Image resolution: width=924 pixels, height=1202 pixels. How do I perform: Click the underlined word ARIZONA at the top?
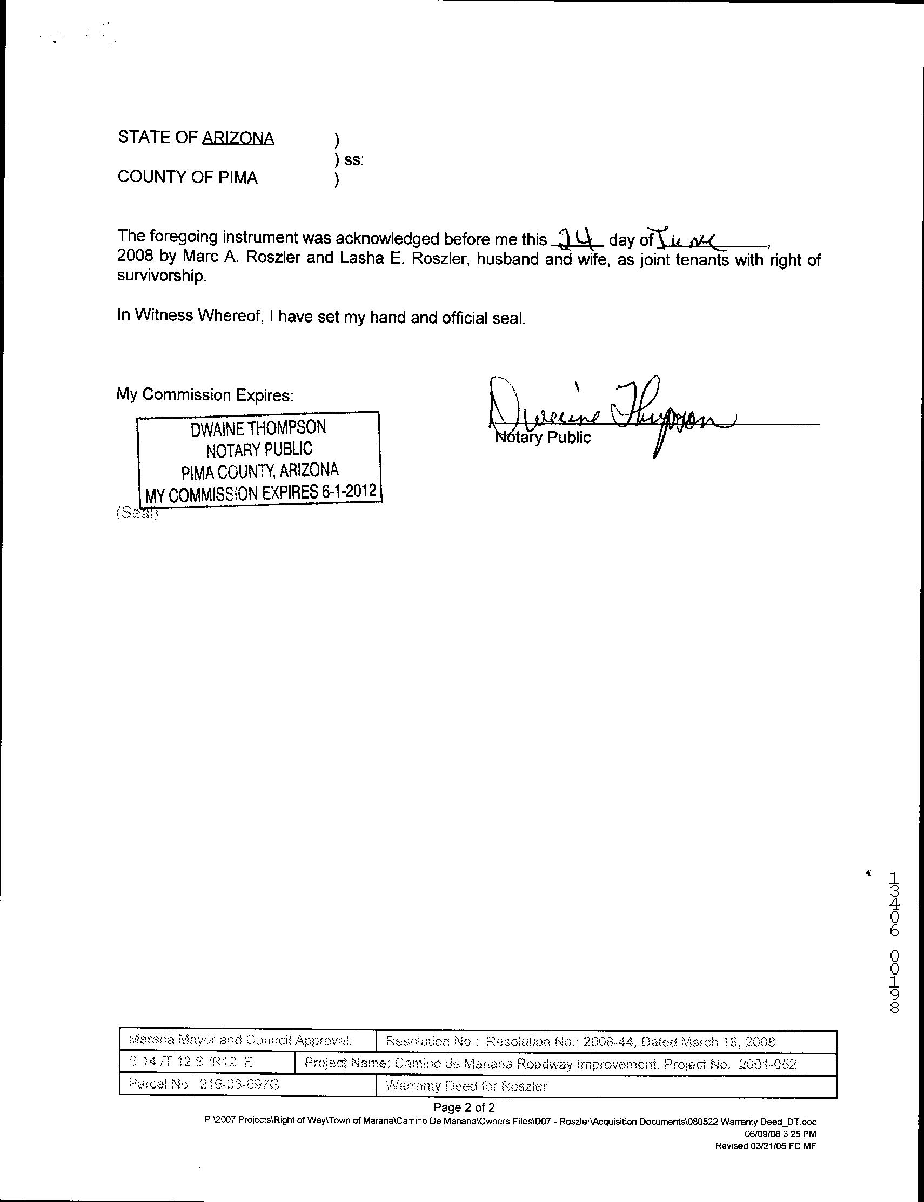(238, 138)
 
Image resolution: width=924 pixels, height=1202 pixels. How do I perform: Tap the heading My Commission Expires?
(205, 394)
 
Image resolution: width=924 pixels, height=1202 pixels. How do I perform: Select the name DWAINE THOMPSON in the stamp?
(258, 428)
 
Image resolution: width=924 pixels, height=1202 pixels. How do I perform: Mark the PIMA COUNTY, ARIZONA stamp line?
(260, 471)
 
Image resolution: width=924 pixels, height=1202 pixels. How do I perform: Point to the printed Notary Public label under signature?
(544, 438)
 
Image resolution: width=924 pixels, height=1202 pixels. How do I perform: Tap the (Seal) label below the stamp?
(137, 513)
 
